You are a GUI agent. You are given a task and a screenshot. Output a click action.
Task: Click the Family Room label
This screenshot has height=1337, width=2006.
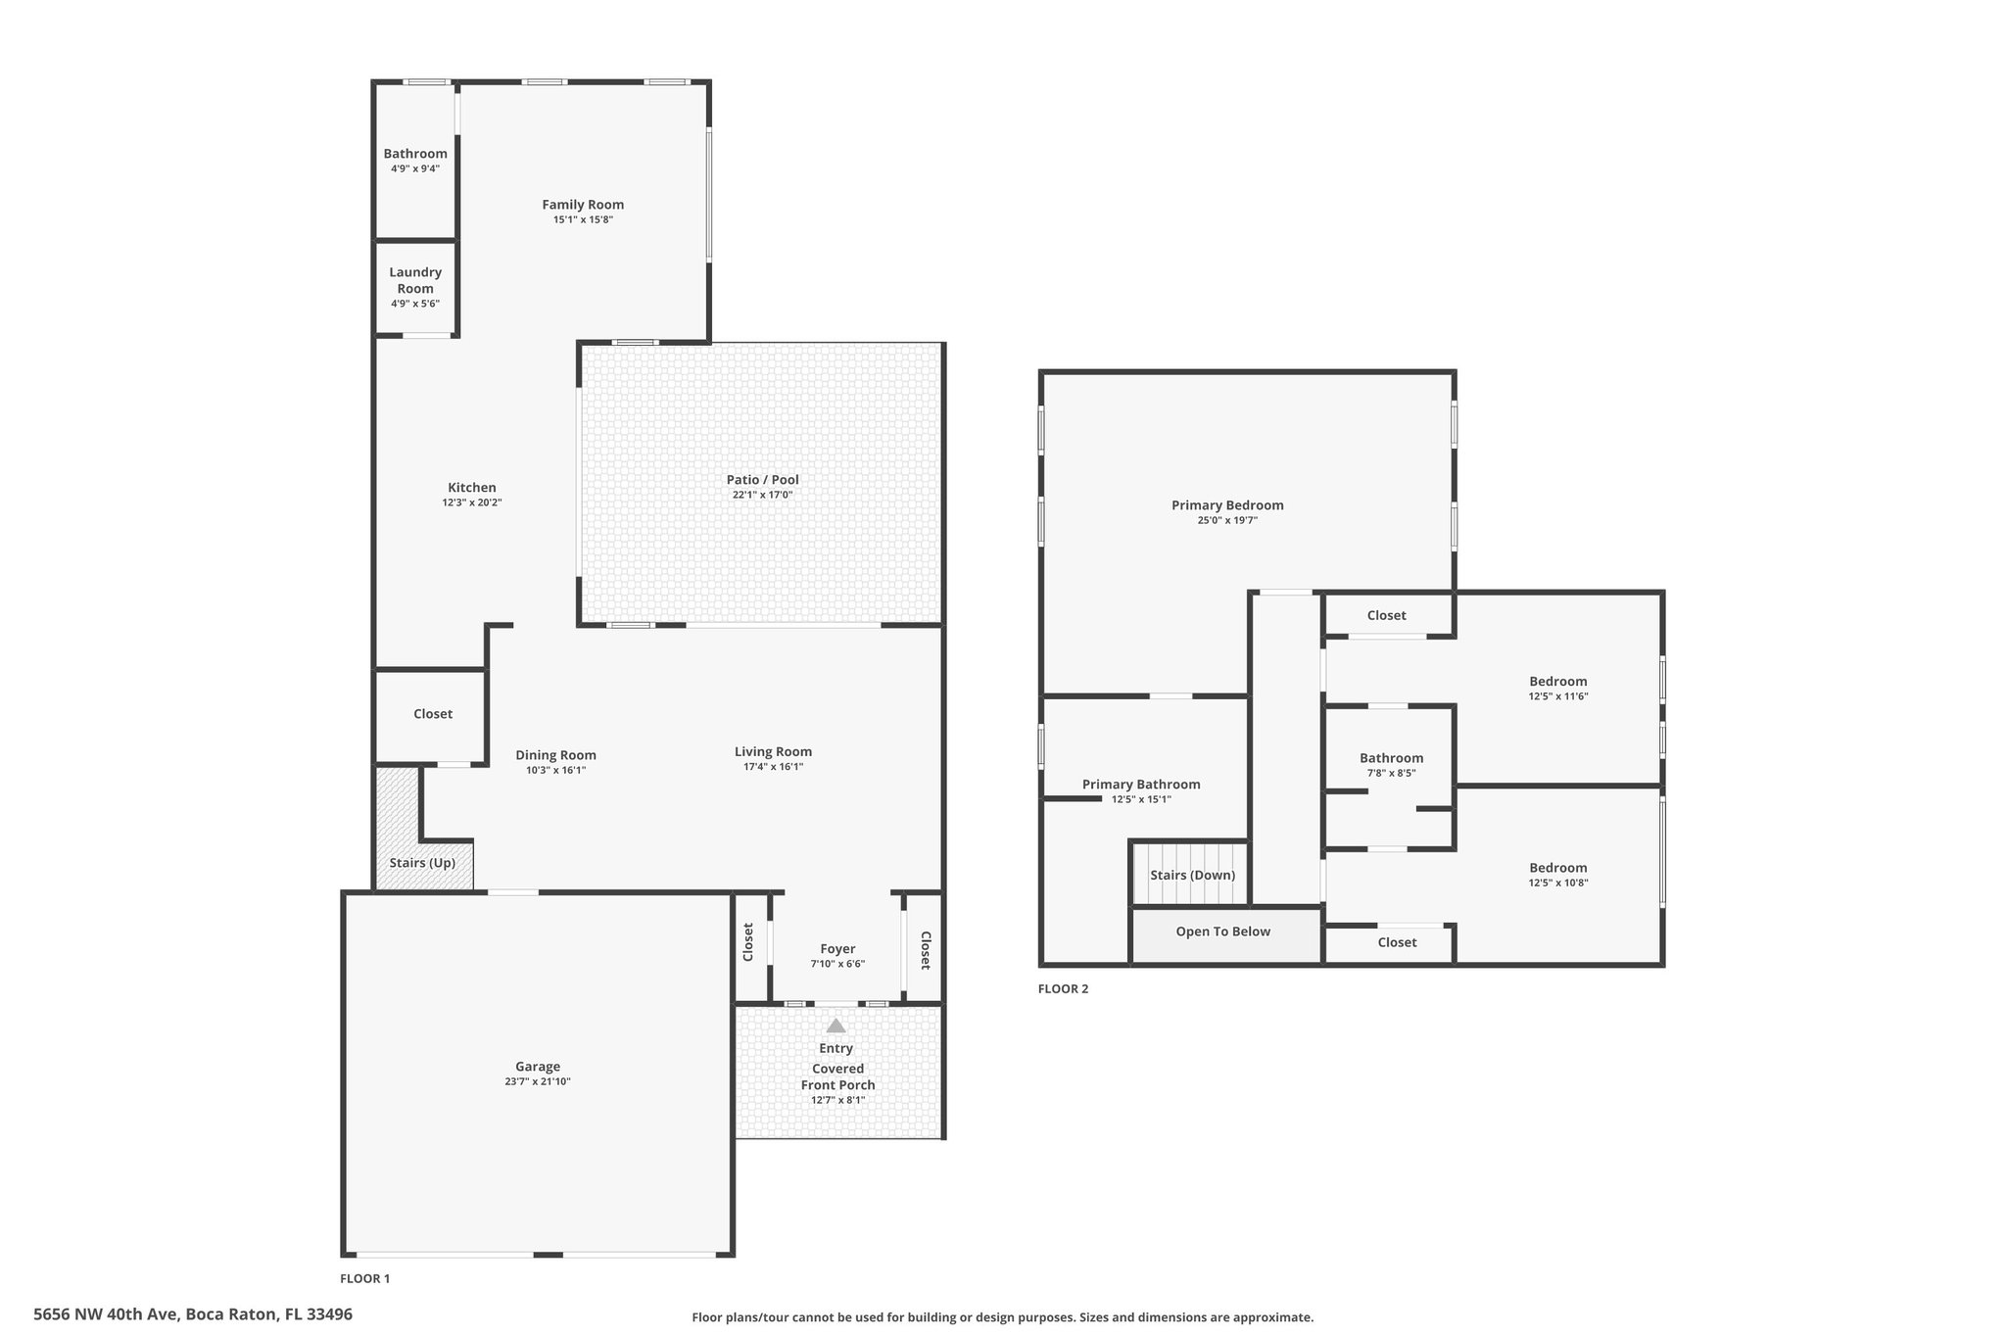[583, 205]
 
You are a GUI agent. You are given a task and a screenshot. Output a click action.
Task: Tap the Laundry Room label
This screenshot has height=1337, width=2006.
[415, 280]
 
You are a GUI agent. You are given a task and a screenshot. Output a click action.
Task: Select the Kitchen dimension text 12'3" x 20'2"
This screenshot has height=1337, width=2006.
[472, 502]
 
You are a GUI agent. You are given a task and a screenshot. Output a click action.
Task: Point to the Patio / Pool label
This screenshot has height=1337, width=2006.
[762, 480]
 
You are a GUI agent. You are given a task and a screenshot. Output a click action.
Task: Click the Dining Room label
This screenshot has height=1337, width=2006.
[555, 755]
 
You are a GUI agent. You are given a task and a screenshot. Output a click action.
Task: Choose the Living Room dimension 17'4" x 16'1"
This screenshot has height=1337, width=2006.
[773, 767]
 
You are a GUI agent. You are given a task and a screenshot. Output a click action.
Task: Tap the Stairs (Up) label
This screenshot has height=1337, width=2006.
[422, 863]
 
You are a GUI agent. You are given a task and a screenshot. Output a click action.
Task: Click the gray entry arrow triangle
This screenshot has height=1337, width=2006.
[836, 1026]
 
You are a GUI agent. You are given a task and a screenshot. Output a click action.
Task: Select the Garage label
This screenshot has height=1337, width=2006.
[538, 1067]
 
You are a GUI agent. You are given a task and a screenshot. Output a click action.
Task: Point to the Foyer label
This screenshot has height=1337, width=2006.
[837, 949]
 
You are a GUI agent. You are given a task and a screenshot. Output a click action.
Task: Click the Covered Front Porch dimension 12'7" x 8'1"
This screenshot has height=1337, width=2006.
[837, 1100]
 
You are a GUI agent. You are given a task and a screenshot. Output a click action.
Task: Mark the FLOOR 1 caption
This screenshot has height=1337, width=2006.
[364, 1278]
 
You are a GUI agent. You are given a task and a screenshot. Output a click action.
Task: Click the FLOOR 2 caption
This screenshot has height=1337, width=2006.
[1063, 988]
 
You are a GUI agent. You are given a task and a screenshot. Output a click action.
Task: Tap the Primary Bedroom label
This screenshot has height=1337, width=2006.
[1227, 505]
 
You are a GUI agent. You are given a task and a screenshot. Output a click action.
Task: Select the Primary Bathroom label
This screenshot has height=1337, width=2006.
[1141, 785]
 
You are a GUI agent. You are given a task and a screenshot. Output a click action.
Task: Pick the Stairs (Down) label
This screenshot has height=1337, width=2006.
[1192, 876]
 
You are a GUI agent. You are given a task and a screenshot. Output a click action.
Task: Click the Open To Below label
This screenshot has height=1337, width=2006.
[1222, 931]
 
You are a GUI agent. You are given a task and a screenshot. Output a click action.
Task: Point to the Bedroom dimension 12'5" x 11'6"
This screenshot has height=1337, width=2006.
[1557, 696]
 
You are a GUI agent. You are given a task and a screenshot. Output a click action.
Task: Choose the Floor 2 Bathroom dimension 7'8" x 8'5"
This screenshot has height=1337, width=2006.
[1391, 773]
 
